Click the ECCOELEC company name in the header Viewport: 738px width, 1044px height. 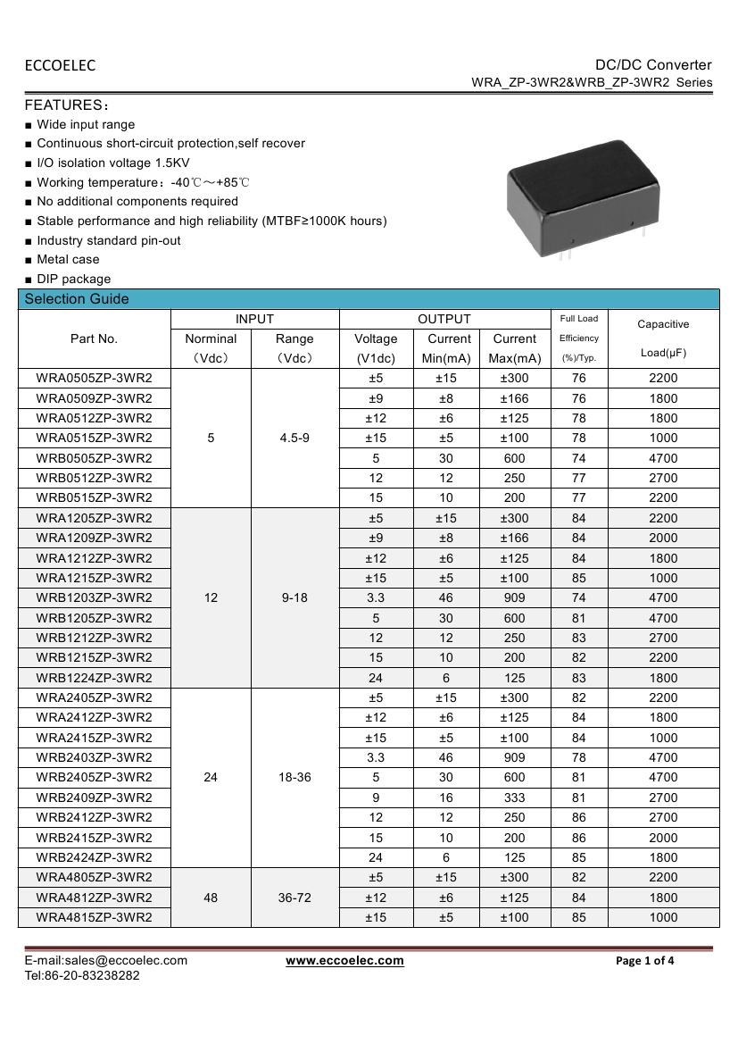(x=60, y=65)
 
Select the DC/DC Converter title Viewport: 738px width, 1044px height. (x=653, y=64)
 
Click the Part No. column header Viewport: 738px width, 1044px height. (x=94, y=338)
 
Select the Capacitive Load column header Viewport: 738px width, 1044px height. (x=663, y=338)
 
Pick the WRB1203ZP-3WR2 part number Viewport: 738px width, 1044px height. (x=94, y=597)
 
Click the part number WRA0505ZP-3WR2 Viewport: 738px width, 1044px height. (x=94, y=378)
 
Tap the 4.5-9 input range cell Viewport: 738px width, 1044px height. (x=294, y=438)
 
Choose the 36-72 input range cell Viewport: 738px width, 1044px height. (x=294, y=897)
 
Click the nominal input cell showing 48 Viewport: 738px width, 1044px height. (x=211, y=897)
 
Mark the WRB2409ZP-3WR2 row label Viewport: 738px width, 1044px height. (x=94, y=798)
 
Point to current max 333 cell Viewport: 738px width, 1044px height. (x=515, y=798)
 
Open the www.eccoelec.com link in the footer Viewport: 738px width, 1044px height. (x=344, y=960)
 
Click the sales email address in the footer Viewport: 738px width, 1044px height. (x=105, y=960)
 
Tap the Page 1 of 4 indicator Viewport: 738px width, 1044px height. (x=645, y=961)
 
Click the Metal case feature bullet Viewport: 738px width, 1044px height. (x=68, y=259)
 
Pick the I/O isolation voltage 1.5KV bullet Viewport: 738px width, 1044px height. (x=112, y=163)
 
